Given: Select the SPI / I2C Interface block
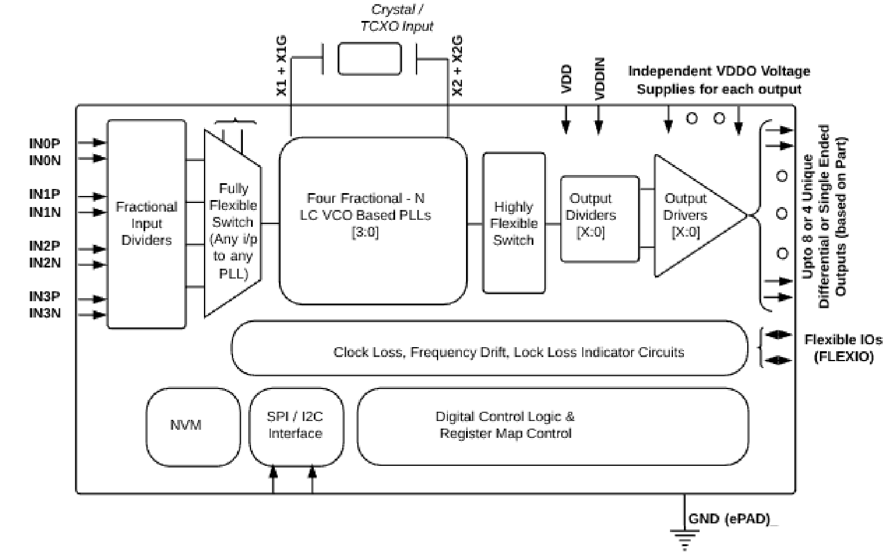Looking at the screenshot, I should click(296, 426).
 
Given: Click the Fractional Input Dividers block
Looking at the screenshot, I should click(146, 224).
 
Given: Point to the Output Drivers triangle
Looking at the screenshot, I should click(689, 216).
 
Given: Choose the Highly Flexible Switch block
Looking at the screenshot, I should click(514, 223).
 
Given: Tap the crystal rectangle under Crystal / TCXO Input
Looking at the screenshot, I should click(370, 58).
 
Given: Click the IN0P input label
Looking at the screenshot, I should click(45, 143).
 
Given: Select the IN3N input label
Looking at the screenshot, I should click(45, 313).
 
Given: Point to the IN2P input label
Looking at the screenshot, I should click(45, 246).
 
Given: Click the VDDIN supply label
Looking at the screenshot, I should click(600, 79).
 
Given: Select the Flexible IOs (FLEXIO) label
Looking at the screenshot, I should click(843, 348).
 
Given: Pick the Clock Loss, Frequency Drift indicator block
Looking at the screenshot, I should click(489, 348).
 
